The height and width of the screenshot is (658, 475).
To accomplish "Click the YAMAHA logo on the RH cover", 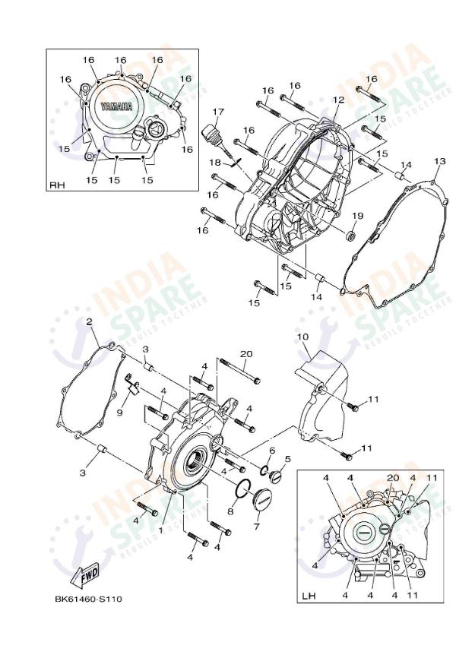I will (x=114, y=106).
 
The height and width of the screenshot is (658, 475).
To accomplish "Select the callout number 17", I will (x=218, y=112).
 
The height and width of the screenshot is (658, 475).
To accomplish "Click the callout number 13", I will (x=439, y=162).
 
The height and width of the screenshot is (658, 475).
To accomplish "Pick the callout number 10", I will (x=302, y=336).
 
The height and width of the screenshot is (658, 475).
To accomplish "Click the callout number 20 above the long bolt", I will (x=245, y=354).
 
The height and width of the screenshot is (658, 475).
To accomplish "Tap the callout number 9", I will (x=119, y=412).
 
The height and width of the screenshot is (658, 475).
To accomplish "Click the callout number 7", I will (x=256, y=527).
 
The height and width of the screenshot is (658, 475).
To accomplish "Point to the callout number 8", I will (x=230, y=511).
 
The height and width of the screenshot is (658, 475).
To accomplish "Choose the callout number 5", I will (x=287, y=459).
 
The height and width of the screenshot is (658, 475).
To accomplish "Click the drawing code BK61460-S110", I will (x=87, y=599).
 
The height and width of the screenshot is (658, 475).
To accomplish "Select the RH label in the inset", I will (x=58, y=185).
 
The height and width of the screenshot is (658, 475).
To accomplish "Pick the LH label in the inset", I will (x=308, y=595).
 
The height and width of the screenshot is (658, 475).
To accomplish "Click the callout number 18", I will (x=215, y=163).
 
